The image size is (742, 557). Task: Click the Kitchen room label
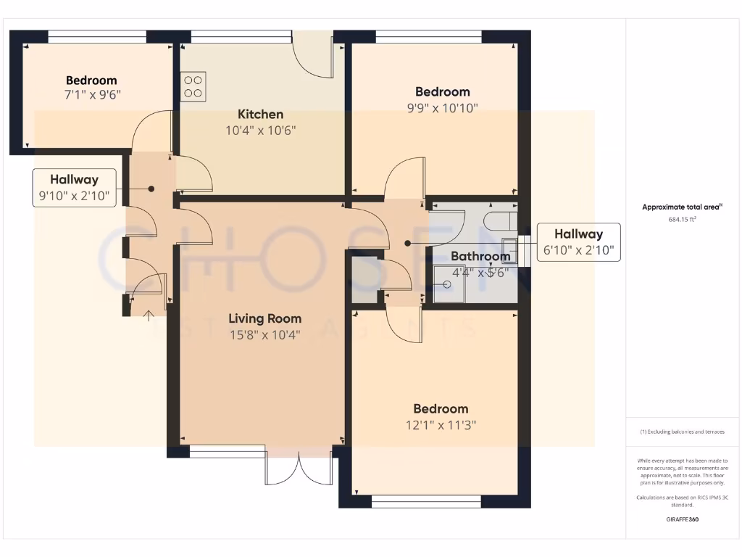tap(260, 114)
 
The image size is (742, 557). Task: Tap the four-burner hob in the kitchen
tap(193, 86)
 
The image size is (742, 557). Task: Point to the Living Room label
tap(264, 318)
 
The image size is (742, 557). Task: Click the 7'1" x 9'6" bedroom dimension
tap(91, 94)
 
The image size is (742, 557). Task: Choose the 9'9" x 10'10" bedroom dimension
tap(442, 108)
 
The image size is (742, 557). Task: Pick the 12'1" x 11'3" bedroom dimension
tap(441, 424)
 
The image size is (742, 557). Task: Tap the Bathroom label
tap(480, 256)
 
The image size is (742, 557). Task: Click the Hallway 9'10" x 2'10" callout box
tap(75, 188)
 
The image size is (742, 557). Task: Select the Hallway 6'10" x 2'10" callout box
tap(578, 242)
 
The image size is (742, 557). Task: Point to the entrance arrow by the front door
tap(149, 315)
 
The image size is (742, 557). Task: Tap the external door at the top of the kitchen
tap(313, 55)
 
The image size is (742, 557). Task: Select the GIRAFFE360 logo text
tap(682, 519)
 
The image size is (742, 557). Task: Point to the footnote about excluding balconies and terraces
tap(682, 432)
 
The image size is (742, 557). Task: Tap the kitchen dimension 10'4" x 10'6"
tap(260, 131)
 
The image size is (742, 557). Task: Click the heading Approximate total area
tap(682, 207)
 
